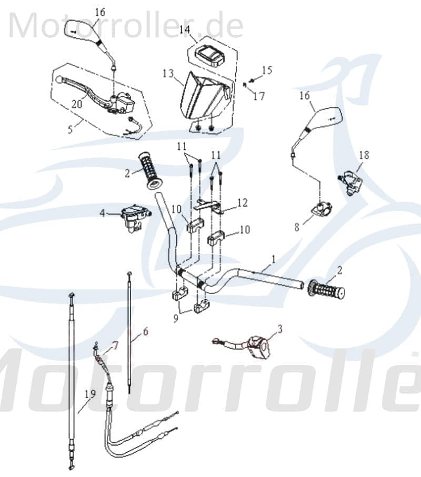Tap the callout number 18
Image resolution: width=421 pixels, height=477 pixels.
point(364,156)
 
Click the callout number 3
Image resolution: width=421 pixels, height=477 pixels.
point(279,329)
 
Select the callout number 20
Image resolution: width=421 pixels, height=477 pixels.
point(77,105)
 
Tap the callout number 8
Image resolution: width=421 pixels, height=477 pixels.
point(296,227)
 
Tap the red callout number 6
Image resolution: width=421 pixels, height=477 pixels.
point(145,331)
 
